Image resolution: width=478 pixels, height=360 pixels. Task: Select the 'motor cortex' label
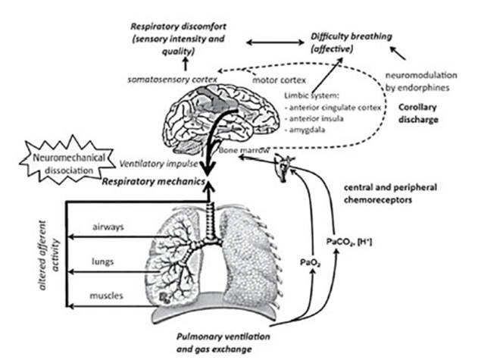277,80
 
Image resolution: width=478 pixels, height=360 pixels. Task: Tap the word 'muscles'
106,296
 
